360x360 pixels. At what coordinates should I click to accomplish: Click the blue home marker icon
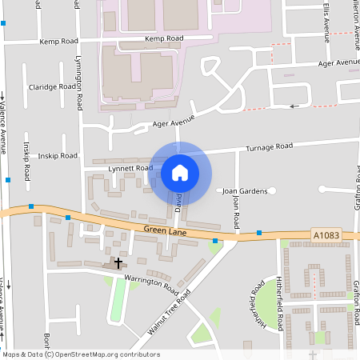click(180, 173)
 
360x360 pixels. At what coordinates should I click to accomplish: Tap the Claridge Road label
click(53, 86)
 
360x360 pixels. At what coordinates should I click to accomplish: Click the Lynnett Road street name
click(129, 168)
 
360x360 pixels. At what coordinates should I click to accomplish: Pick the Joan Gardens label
click(244, 190)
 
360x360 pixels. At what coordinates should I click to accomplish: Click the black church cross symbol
click(118, 262)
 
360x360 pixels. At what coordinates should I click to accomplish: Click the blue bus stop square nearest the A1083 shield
click(259, 233)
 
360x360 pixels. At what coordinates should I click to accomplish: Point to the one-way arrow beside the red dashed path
click(294, 105)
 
